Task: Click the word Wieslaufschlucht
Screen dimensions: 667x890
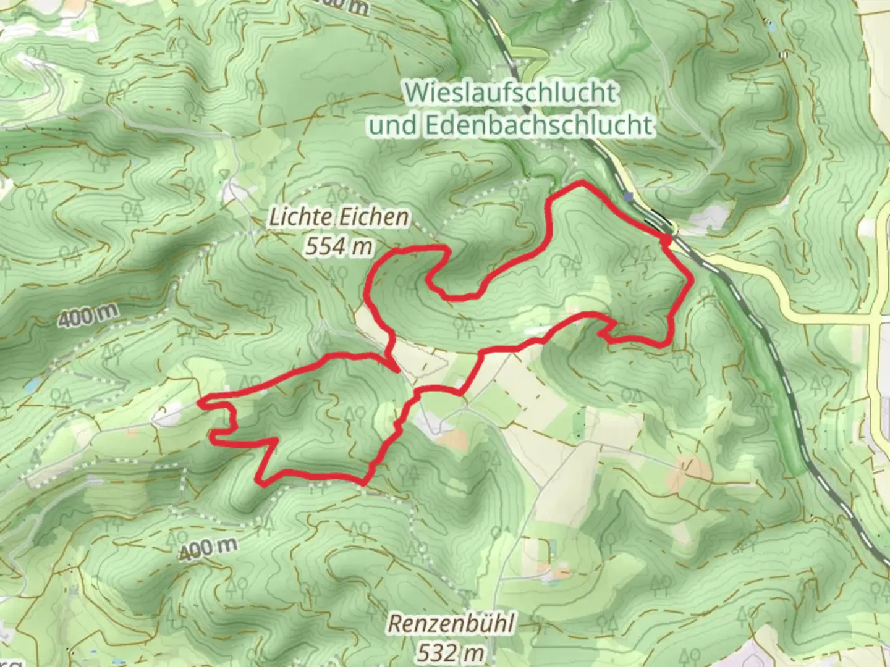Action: pos(511,93)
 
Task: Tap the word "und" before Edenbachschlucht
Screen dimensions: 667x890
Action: pos(393,125)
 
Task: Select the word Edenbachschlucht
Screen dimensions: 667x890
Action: pos(538,125)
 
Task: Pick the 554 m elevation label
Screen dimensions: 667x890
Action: pos(339,246)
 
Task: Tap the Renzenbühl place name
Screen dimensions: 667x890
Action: pos(450,624)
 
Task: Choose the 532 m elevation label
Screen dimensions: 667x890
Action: pos(450,652)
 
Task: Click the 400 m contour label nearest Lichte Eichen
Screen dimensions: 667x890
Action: pos(89,316)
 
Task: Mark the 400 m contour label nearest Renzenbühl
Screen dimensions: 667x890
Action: pos(208,548)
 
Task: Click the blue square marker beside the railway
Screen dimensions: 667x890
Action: pos(629,197)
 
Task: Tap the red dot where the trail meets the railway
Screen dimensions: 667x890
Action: pos(667,238)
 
